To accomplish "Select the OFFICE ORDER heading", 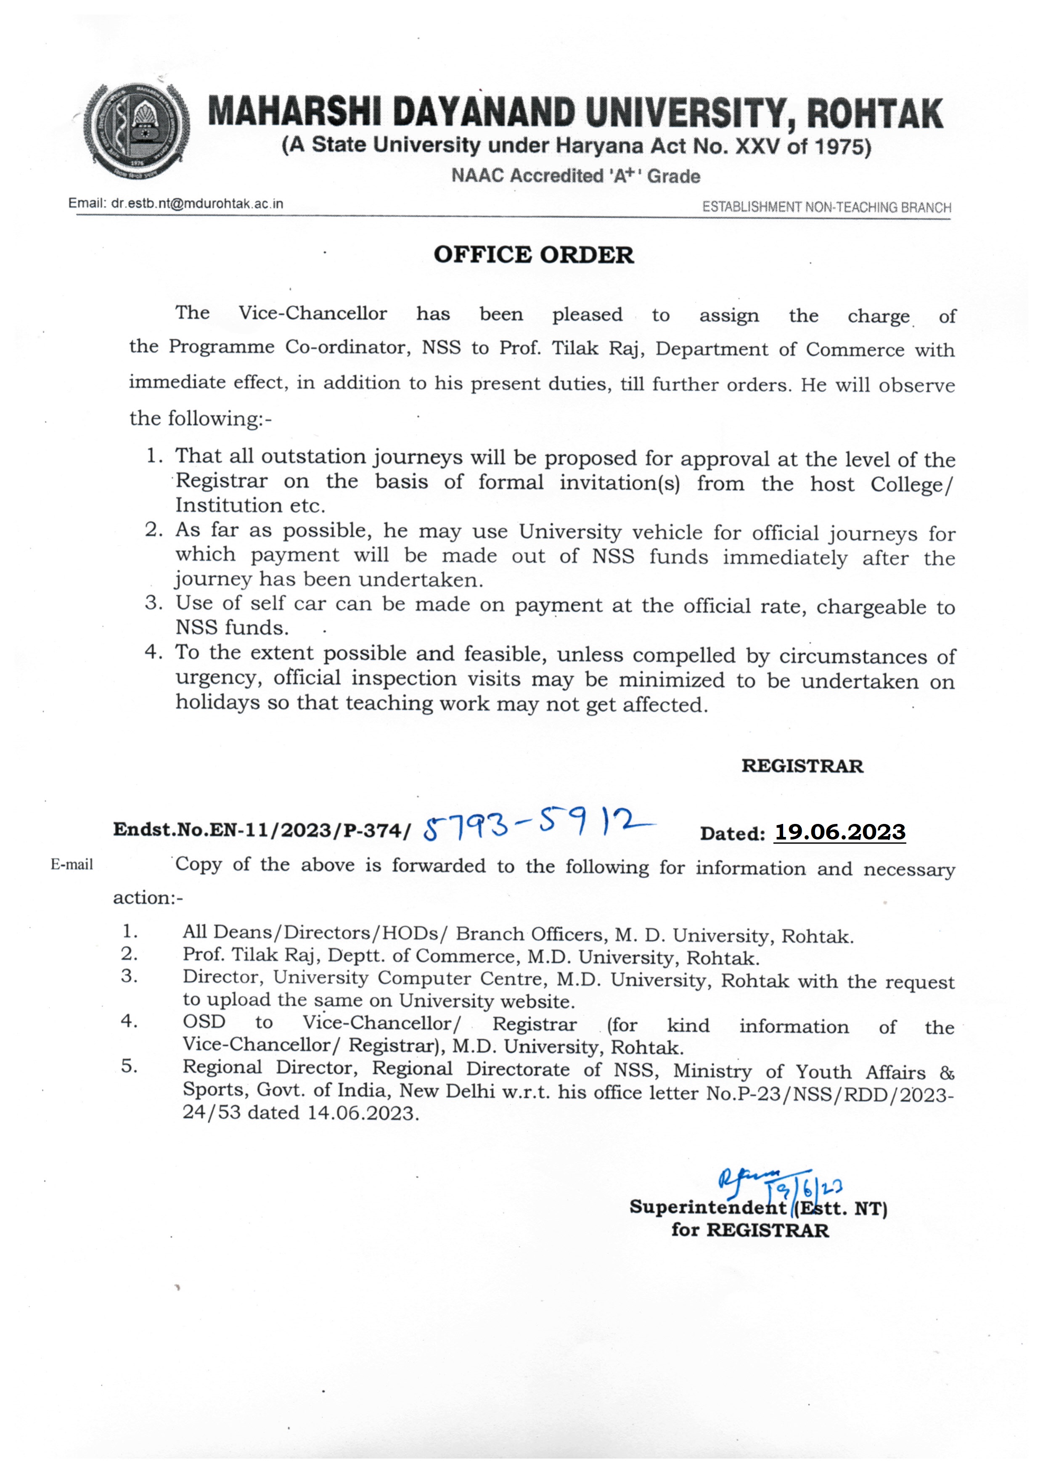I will point(533,255).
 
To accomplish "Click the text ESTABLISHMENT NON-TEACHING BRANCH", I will point(826,207).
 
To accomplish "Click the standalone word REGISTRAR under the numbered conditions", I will point(802,766).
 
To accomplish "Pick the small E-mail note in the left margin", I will point(72,865).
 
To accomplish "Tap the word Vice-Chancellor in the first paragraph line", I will point(313,313).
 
